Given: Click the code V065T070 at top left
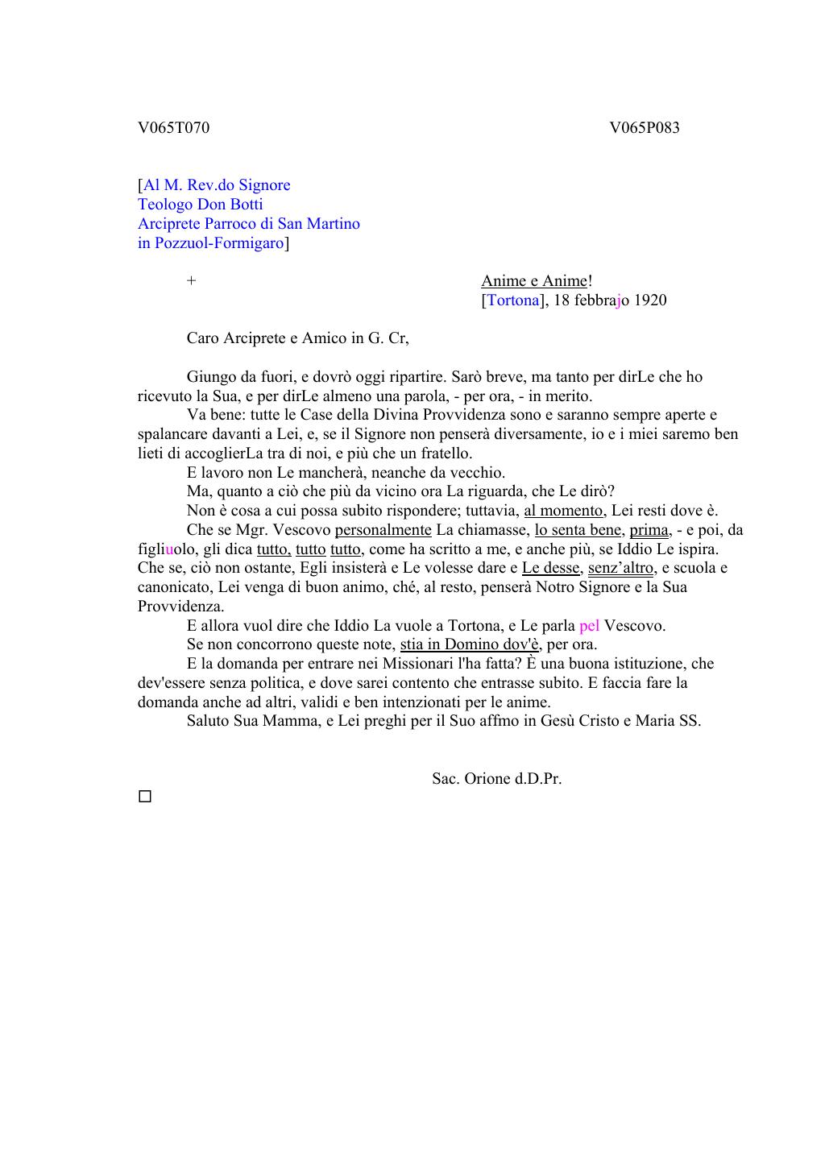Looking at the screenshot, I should coord(173,127).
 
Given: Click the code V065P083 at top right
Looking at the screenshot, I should coord(644,127).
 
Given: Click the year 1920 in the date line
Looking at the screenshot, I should coord(650,300).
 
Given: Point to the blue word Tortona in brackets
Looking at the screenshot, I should coord(512,300).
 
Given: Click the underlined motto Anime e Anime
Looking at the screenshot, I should coord(534,281).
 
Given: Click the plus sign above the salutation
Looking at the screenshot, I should coord(191,281).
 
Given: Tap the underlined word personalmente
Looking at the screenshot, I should coord(383,530).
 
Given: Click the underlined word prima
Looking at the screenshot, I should coord(649,530).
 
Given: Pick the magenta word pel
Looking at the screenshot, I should coord(589,626).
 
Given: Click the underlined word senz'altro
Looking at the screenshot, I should coord(620,568).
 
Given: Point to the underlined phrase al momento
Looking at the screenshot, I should coord(563,511).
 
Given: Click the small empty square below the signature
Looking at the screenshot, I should coord(145,797).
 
